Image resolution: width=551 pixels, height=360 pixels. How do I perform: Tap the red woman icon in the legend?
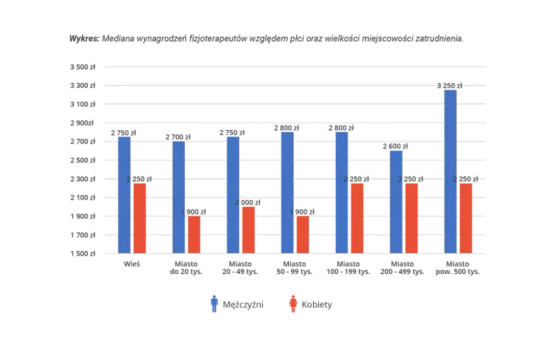pos(292,304)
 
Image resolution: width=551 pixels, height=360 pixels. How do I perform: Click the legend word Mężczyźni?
pos(243,305)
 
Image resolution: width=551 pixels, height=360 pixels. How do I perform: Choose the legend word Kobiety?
pos(318,305)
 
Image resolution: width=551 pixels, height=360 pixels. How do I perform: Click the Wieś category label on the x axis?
pos(133,266)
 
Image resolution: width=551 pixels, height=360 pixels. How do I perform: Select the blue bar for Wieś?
pos(125,194)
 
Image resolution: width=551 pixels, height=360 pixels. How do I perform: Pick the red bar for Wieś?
pos(140,218)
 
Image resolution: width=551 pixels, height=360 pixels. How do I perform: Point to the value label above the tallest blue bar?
pos(451,85)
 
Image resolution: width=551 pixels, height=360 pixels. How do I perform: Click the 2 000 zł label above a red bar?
pos(248,203)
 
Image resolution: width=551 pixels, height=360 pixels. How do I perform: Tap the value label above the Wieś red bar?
pos(140,179)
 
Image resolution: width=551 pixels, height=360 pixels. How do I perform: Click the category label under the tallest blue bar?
pos(457,269)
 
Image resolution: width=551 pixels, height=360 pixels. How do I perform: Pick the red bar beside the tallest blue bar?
pos(466,218)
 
